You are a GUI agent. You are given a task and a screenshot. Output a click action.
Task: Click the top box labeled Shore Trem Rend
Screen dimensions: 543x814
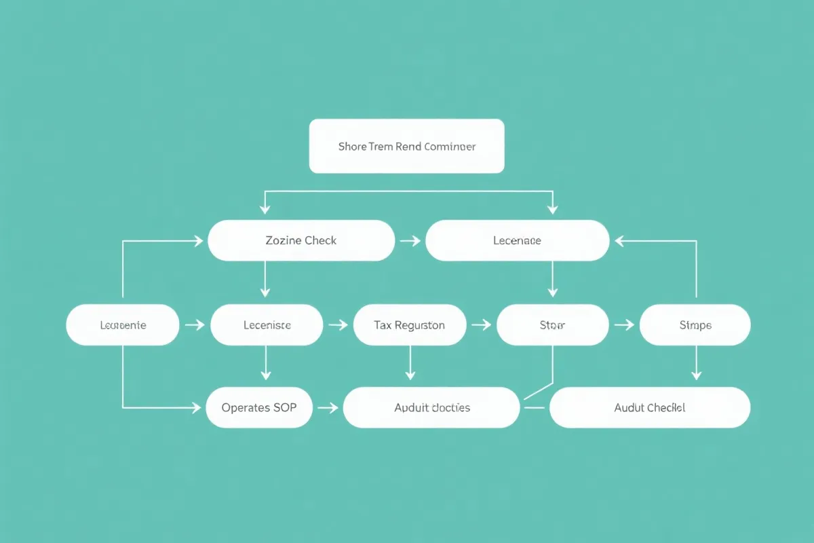pos(406,146)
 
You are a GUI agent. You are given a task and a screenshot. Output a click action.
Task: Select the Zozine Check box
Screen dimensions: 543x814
pos(301,240)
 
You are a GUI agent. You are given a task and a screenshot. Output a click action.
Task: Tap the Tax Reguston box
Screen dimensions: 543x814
pos(410,325)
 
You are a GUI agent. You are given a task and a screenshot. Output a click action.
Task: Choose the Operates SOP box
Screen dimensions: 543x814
pos(259,407)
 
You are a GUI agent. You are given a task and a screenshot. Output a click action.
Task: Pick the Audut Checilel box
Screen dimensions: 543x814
pos(649,407)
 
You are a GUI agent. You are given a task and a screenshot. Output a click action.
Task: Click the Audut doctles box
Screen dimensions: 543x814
pos(431,407)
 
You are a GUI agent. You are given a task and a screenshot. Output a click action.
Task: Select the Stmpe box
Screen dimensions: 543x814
pos(695,325)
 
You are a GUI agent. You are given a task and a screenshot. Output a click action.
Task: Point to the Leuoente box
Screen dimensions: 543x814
pos(123,325)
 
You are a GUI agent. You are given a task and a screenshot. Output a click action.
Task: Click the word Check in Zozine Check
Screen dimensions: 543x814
pos(320,240)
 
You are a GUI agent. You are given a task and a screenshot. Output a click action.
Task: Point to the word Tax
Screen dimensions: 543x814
pos(383,325)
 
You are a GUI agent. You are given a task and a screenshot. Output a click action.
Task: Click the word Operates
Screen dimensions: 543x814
pos(246,407)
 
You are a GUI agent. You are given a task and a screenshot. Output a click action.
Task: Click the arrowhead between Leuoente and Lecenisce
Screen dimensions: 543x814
pos(199,325)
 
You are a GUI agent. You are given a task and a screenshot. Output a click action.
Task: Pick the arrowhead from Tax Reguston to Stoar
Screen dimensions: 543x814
pos(486,325)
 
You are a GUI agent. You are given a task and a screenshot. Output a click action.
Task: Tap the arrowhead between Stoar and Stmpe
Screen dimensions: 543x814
pos(628,325)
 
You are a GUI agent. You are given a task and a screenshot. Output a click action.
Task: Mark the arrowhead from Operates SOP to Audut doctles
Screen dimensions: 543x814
pos(333,407)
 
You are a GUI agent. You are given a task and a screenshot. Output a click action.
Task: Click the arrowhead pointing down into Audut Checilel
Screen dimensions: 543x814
pos(695,375)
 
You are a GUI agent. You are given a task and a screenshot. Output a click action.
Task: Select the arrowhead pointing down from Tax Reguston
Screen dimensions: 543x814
pos(410,375)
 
